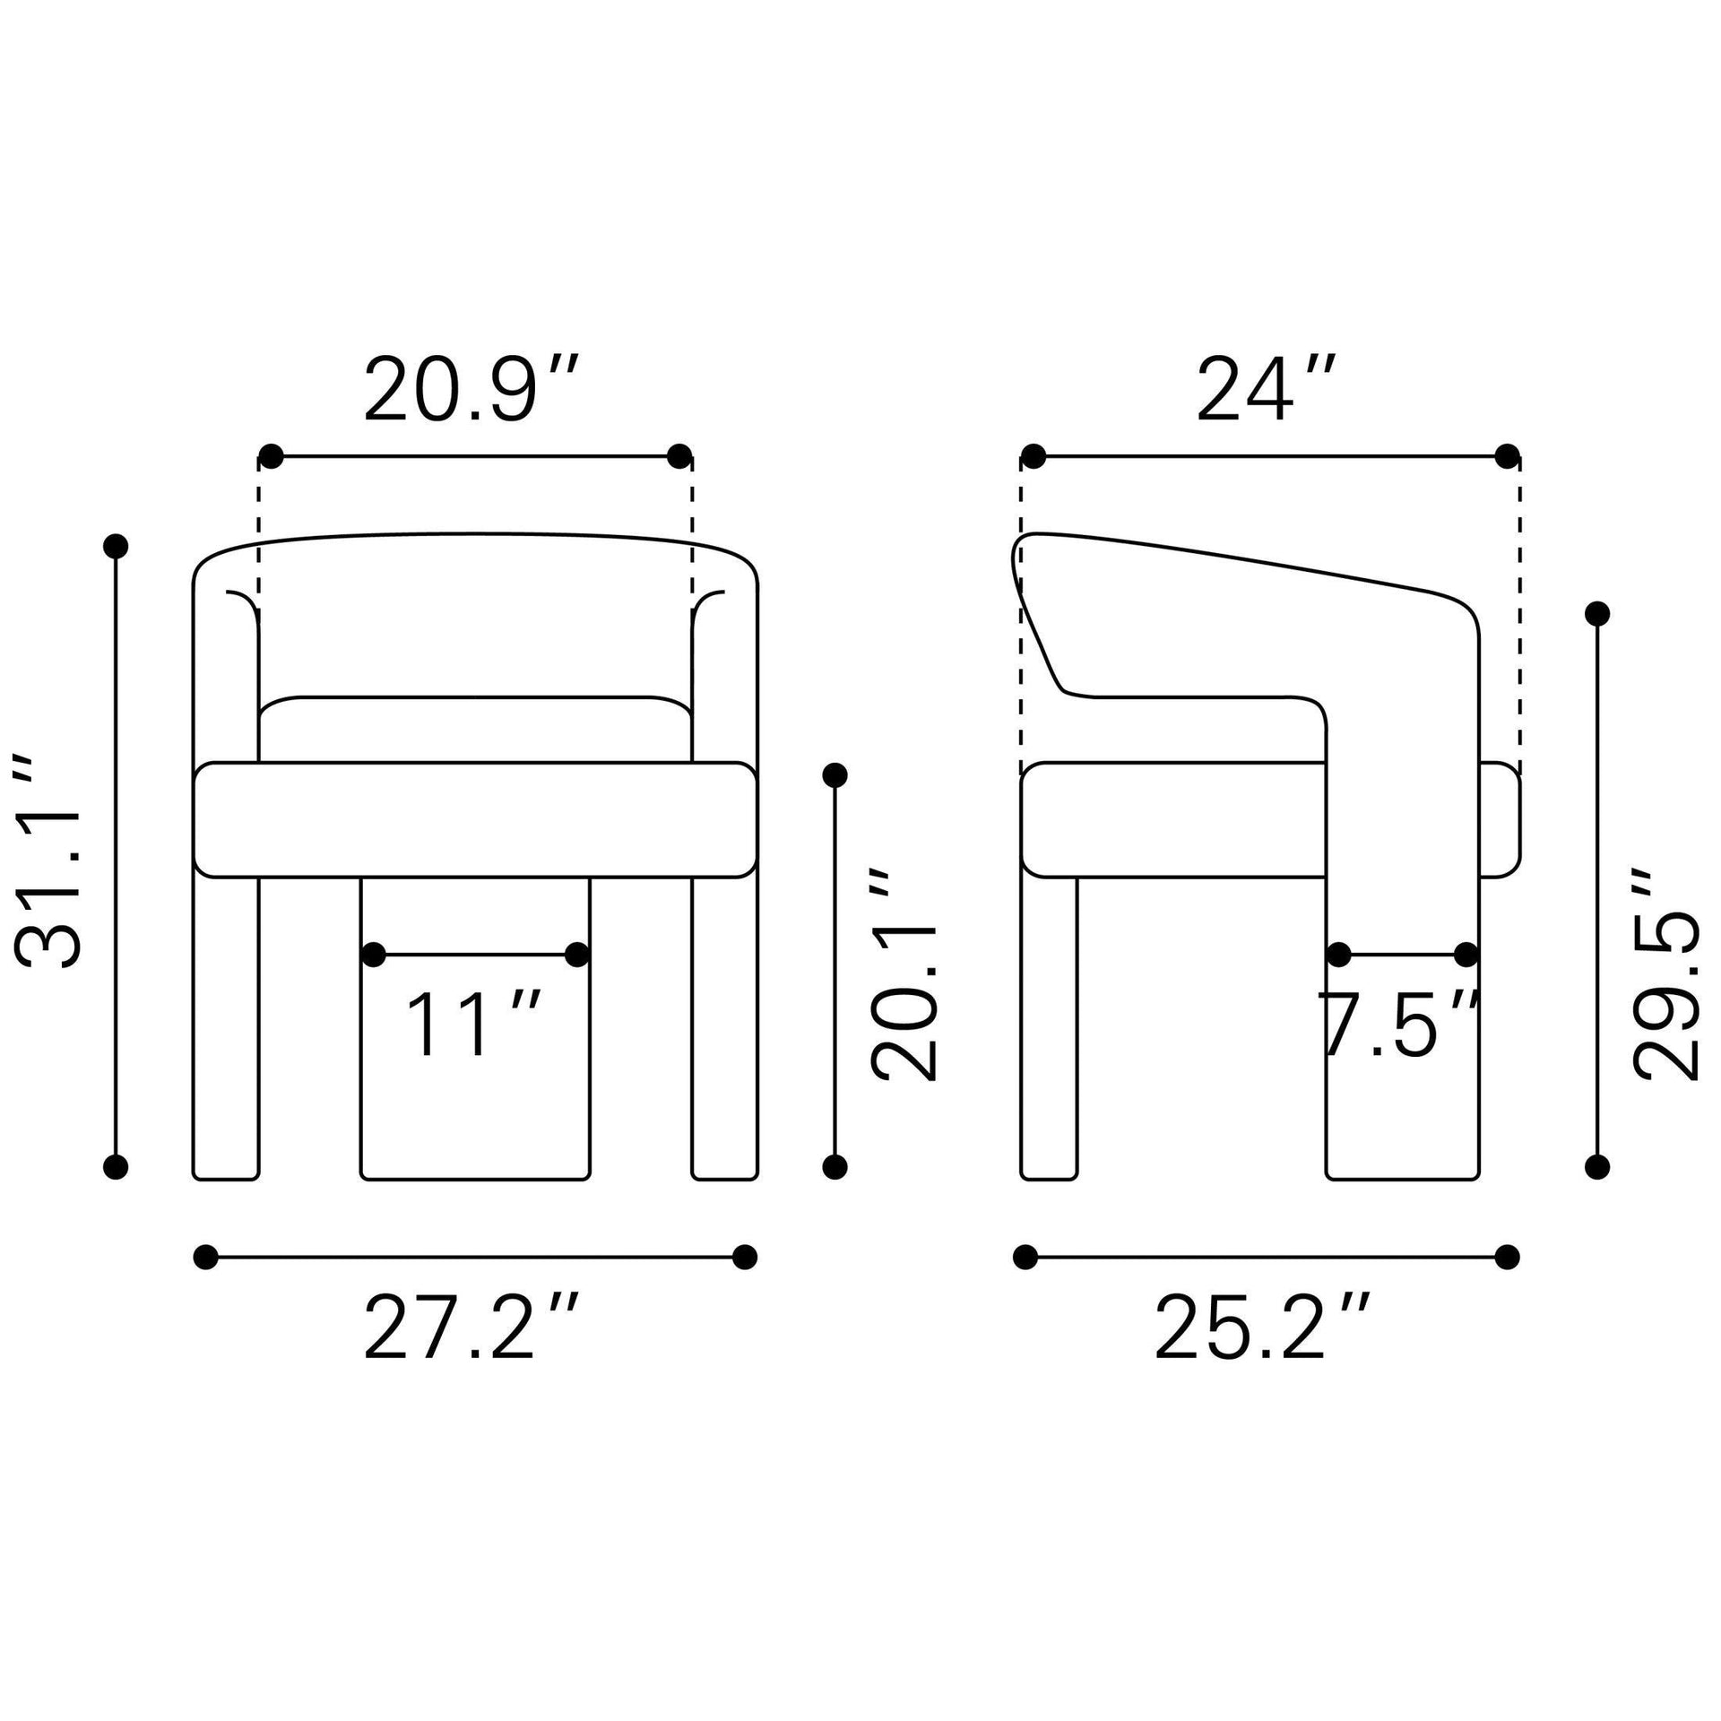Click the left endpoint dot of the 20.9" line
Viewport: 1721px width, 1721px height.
tap(271, 456)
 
